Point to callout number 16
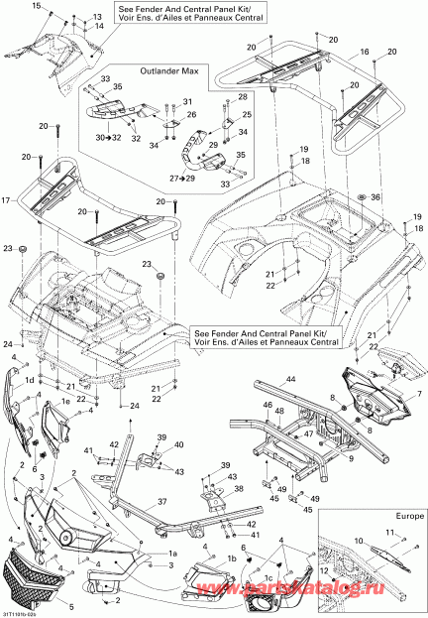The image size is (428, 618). click(x=364, y=49)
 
